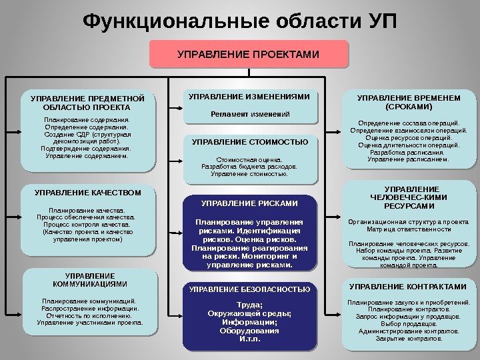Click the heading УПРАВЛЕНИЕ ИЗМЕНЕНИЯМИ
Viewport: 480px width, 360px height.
coord(249,97)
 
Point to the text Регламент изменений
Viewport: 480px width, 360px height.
coord(249,115)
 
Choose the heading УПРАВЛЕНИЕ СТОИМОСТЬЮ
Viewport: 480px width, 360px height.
coord(249,142)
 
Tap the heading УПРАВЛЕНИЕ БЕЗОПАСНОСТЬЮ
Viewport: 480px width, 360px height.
coord(249,289)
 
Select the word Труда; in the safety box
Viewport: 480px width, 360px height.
coord(249,305)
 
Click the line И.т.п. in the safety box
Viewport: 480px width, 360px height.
coord(249,338)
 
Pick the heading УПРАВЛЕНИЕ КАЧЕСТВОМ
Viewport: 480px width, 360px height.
coord(88,193)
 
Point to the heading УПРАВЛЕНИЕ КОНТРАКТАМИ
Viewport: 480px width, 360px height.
coord(408,287)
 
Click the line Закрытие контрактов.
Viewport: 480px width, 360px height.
coord(408,338)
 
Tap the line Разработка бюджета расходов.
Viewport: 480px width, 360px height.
coord(249,167)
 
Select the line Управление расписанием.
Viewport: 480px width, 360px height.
coord(408,159)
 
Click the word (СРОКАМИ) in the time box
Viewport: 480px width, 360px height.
coord(408,107)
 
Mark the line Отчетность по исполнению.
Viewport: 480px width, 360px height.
coord(89,315)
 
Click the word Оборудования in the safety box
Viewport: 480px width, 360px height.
coord(249,330)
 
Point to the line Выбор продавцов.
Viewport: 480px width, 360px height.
coord(408,323)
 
